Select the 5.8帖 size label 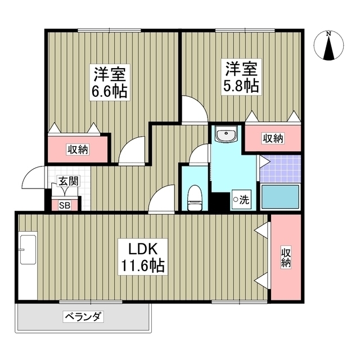(242, 85)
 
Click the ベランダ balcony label (83, 317)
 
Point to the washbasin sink (227, 136)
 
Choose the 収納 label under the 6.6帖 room (78, 149)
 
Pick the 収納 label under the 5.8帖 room (272, 138)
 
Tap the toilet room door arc (199, 154)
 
